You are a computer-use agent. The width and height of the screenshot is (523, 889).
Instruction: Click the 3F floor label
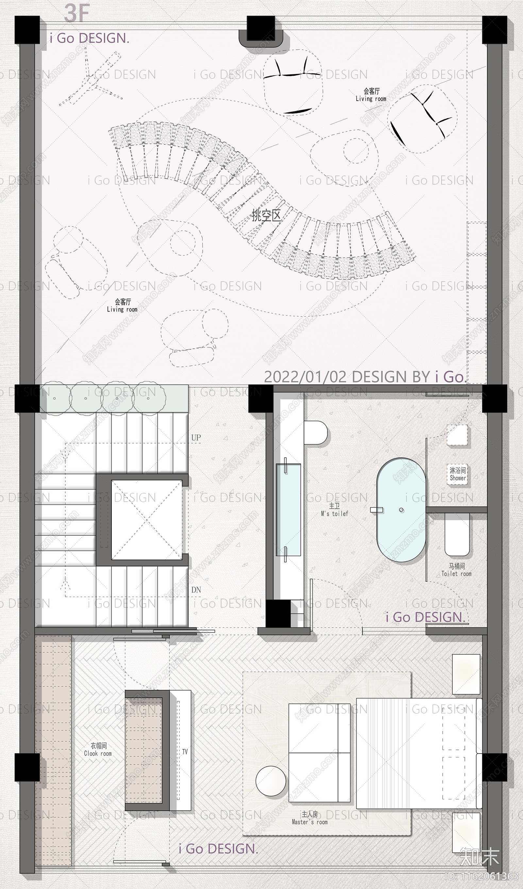pyautogui.click(x=76, y=13)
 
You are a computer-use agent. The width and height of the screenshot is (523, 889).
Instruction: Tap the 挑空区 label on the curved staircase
pyautogui.click(x=266, y=215)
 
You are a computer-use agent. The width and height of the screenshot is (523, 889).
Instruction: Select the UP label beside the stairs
pyautogui.click(x=196, y=437)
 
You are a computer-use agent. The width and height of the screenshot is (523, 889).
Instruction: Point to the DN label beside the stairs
pyautogui.click(x=196, y=590)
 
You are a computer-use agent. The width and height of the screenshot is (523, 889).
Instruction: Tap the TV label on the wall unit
pyautogui.click(x=185, y=752)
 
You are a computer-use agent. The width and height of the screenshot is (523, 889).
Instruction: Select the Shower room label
pyautogui.click(x=458, y=474)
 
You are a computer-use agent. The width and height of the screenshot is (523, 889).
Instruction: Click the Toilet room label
pyautogui.click(x=457, y=570)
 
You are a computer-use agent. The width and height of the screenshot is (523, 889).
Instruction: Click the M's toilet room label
pyautogui.click(x=334, y=510)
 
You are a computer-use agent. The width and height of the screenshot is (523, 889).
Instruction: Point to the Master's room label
pyautogui.click(x=310, y=818)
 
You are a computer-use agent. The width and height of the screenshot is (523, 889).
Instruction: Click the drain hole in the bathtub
pyautogui.click(x=401, y=510)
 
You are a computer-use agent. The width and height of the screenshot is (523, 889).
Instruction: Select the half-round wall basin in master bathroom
pyautogui.click(x=316, y=432)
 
